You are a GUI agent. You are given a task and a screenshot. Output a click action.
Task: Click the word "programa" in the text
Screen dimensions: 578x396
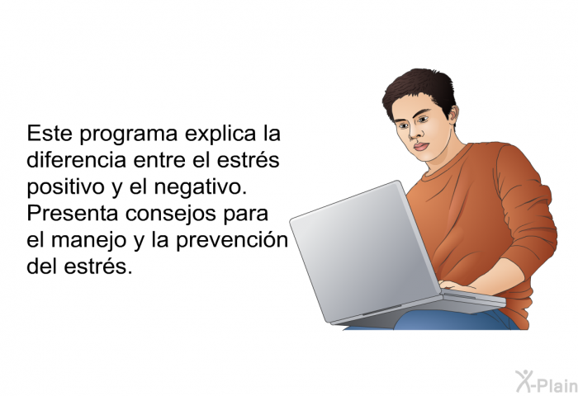coord(129,134)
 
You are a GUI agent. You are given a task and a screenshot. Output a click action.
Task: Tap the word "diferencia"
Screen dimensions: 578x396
coord(76,159)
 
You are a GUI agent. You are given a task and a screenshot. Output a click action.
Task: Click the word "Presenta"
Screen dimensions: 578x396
coord(72,213)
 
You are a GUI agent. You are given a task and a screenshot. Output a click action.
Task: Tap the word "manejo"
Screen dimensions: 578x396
coord(88,240)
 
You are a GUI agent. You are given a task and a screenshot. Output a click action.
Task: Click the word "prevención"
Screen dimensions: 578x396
coord(232,240)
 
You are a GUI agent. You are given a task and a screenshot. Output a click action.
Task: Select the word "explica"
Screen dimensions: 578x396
coord(220,134)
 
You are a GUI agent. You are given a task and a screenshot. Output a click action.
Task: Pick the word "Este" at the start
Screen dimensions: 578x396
coord(50,134)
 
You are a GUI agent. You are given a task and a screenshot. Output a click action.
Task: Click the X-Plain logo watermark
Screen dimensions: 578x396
coord(547,381)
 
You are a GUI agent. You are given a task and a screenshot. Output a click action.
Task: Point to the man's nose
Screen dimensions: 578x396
coord(415,133)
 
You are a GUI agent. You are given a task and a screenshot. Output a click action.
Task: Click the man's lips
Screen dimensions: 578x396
coord(421,147)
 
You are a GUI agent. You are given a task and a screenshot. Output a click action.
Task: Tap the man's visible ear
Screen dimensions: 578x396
coord(452,115)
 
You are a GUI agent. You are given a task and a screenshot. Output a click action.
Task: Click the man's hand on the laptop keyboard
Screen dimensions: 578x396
coord(452,285)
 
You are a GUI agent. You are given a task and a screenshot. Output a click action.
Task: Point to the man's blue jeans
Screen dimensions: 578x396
coord(453,320)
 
